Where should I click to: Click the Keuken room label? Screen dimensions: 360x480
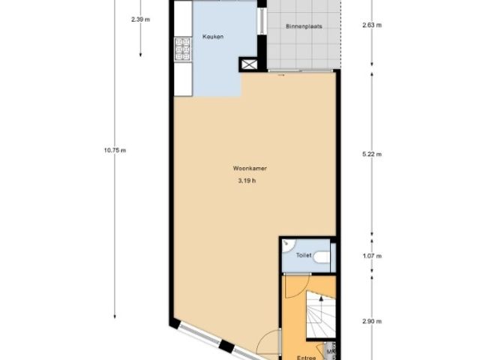tap(213, 36)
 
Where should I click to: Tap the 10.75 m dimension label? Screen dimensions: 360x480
tap(115, 150)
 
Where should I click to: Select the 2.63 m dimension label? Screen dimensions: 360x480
tap(371, 24)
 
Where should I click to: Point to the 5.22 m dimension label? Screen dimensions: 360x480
tap(371, 154)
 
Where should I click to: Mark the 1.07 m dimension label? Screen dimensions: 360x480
tap(371, 256)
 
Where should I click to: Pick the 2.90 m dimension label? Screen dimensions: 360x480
tap(371, 321)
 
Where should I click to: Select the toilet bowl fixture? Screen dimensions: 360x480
tap(322, 257)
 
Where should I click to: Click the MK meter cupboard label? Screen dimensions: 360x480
tap(331, 349)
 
